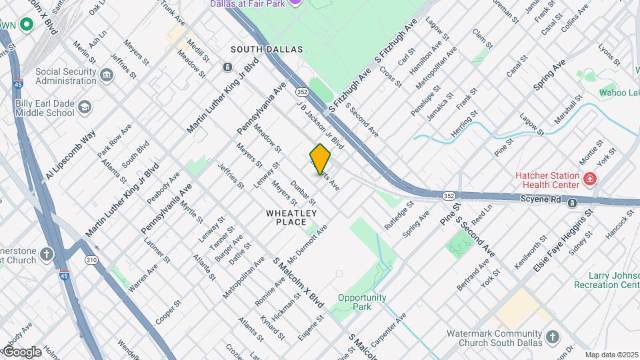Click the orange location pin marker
320,159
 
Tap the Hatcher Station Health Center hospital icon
589,179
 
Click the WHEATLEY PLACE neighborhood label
291,217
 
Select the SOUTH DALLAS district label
267,49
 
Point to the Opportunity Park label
362,302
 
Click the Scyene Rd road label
541,199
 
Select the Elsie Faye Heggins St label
563,241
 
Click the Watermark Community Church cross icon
552,337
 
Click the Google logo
22,351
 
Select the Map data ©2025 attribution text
611,355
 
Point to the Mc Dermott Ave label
307,244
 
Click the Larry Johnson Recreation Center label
605,280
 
